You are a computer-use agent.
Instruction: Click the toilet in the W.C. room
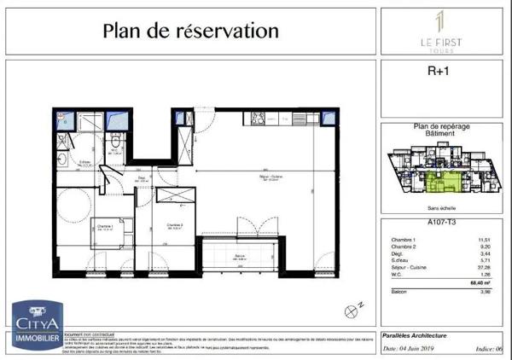click(x=115, y=130)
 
